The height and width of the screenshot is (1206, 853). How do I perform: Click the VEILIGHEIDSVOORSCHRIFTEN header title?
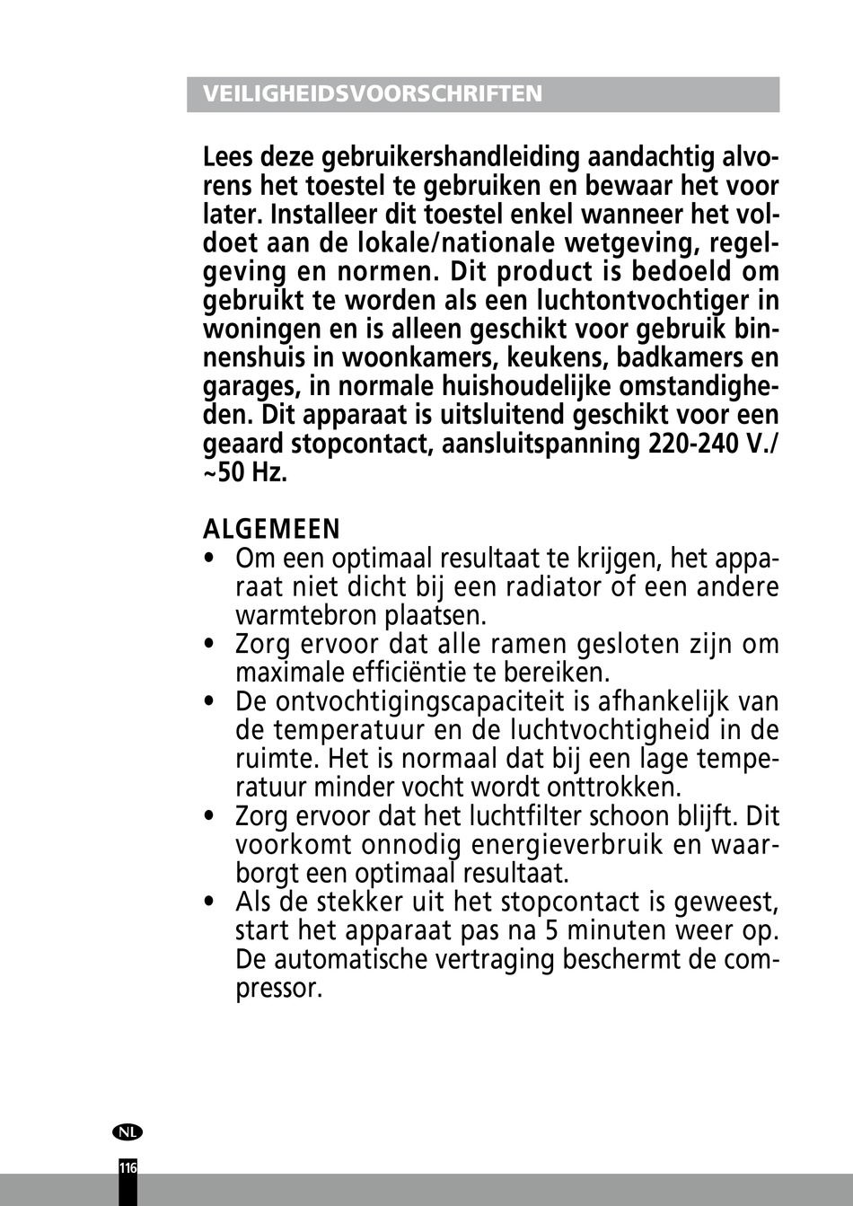click(373, 94)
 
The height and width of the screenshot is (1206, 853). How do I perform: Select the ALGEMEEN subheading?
click(271, 529)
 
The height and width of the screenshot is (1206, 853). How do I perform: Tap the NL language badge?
click(128, 1131)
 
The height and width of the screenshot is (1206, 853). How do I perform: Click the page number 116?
click(128, 1168)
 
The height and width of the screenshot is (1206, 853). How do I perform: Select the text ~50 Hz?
click(245, 472)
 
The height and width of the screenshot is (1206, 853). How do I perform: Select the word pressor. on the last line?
click(278, 989)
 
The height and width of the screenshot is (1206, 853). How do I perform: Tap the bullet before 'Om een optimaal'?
click(209, 559)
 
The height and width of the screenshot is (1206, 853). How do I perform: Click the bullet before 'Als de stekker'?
click(209, 902)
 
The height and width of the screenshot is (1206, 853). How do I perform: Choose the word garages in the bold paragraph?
click(251, 387)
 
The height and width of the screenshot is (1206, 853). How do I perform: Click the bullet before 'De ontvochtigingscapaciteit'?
click(209, 701)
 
